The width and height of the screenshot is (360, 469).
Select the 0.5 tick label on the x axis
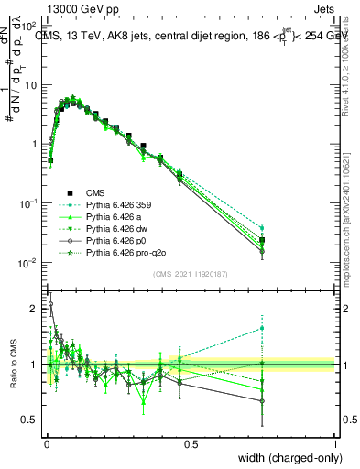(x=191, y=444)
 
